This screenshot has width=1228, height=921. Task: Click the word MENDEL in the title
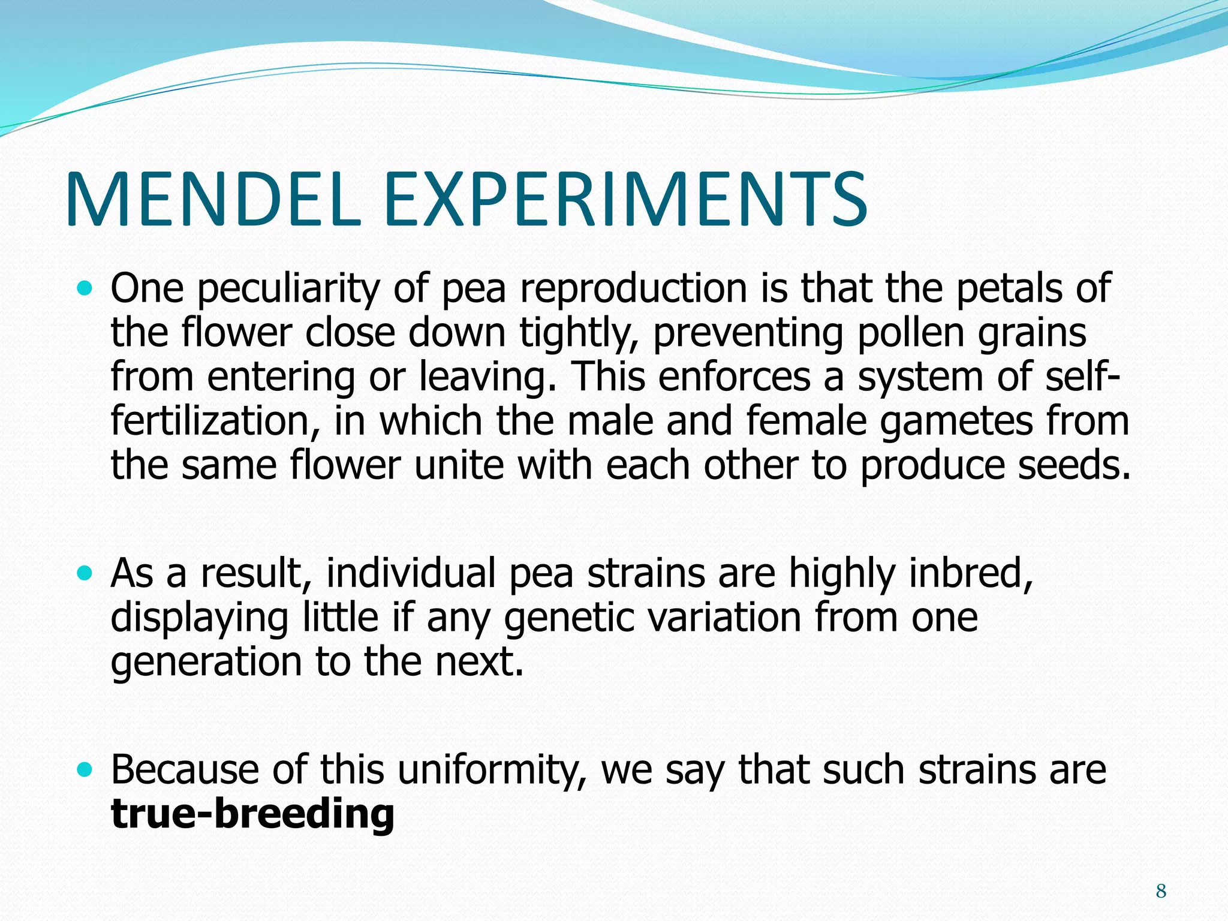tap(213, 200)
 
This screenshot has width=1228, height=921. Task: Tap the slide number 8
tap(1161, 892)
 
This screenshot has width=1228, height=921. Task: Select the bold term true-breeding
tap(252, 814)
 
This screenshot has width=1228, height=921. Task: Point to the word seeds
tap(1074, 465)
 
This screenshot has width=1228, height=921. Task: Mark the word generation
tap(206, 663)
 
